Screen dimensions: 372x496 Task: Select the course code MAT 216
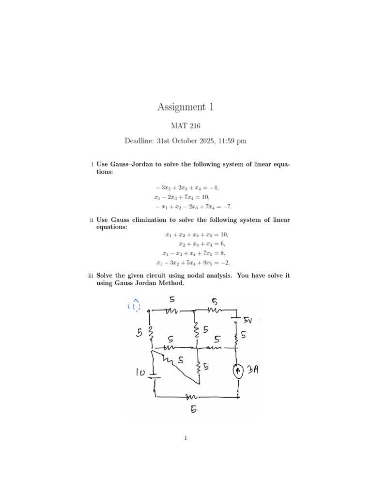click(186, 126)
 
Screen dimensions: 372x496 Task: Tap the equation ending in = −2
click(193, 263)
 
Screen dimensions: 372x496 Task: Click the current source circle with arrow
click(238, 372)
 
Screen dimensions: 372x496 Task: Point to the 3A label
click(253, 371)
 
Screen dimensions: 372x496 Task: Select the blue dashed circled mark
click(134, 305)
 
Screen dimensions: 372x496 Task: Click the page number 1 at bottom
click(186, 439)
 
